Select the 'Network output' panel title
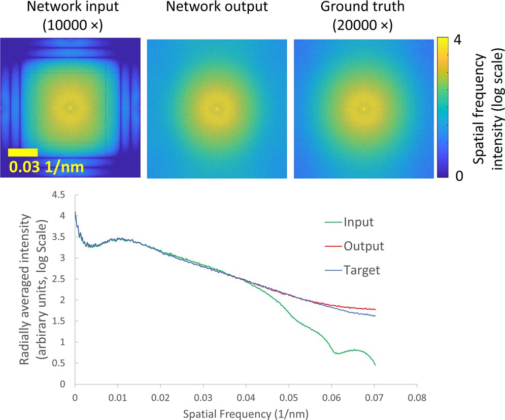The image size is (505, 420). (217, 8)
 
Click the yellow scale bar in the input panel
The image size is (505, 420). (23, 152)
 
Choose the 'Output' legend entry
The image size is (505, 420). (363, 246)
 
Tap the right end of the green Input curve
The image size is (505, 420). (375, 365)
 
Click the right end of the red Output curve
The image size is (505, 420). (375, 309)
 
